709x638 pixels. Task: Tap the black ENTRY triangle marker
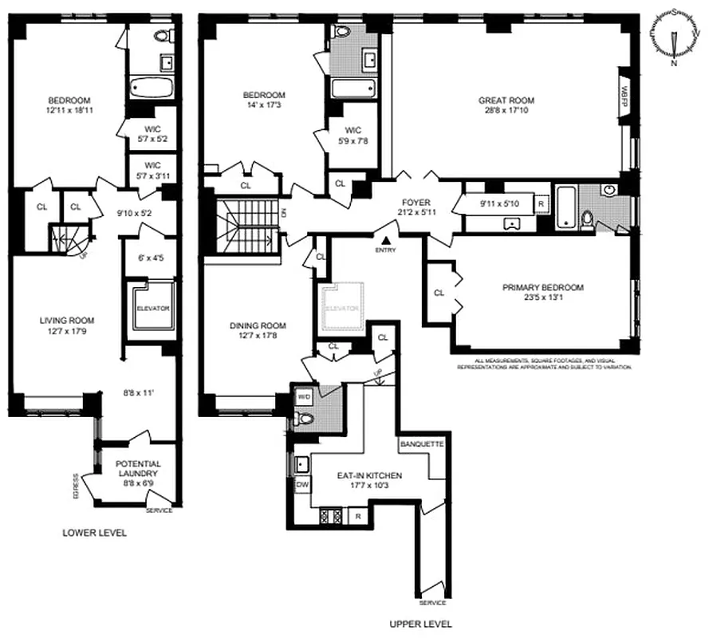(x=386, y=238)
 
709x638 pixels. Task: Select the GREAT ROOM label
(x=506, y=100)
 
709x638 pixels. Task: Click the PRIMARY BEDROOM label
(x=542, y=288)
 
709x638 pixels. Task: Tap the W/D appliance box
(x=304, y=396)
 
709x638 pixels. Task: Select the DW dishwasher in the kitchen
(x=303, y=484)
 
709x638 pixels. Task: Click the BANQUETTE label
(x=420, y=443)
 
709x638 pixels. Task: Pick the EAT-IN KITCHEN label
(x=368, y=476)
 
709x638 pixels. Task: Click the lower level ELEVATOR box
(x=152, y=307)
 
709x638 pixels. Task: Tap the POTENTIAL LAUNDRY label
(x=138, y=468)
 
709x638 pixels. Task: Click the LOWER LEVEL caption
(x=94, y=533)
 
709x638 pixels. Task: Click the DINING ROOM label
(x=258, y=325)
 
